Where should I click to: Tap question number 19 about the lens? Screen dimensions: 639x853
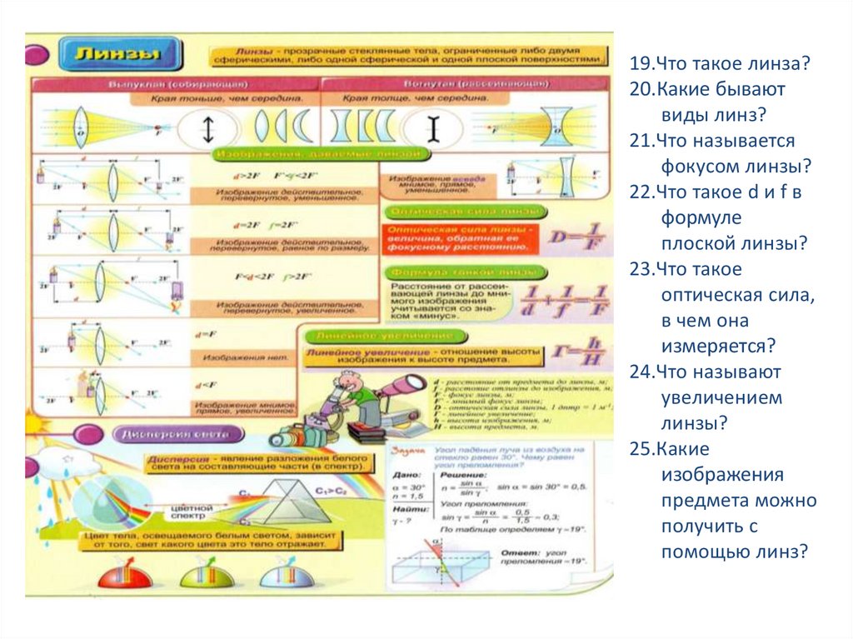[721, 64]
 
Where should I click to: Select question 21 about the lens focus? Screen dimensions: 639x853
[721, 153]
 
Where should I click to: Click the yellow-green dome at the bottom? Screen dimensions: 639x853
[206, 576]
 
